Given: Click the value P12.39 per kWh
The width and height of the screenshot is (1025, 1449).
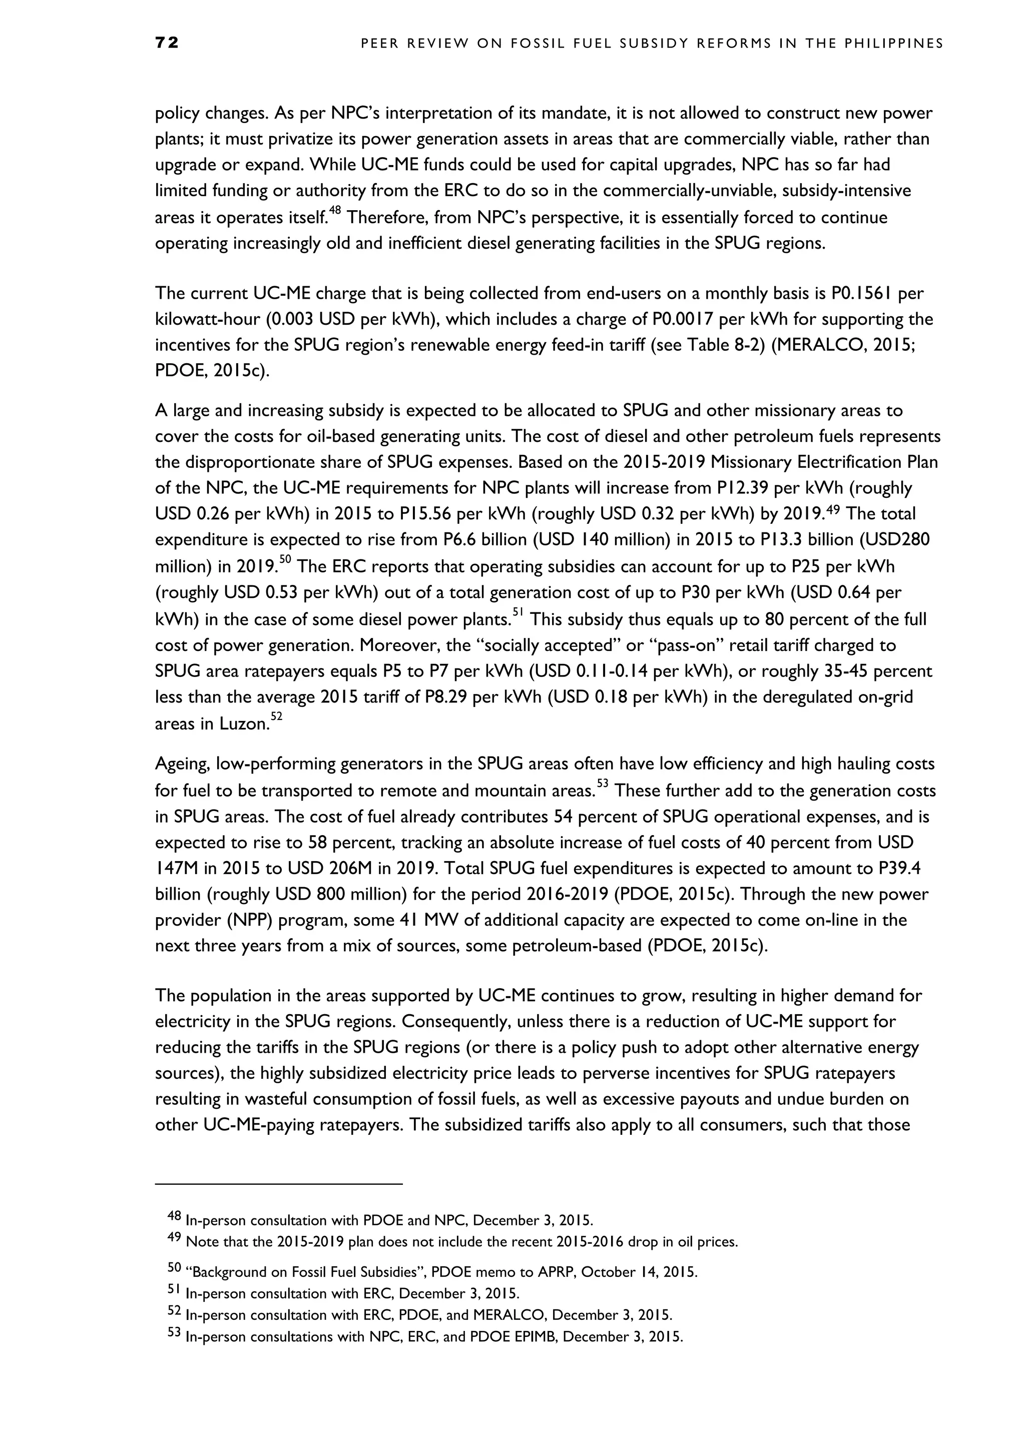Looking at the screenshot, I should tap(839, 488).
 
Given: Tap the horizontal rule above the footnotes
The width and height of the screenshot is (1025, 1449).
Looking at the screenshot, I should tap(278, 1184).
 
